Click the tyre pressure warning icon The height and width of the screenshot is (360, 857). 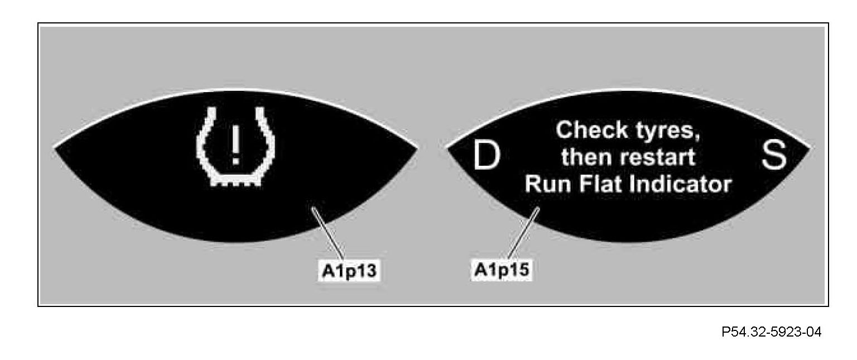pyautogui.click(x=235, y=146)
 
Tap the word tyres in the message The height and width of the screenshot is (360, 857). pyautogui.click(x=666, y=132)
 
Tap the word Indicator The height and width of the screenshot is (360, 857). pyautogui.click(x=680, y=184)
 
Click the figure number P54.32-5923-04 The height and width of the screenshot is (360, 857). pyautogui.click(x=772, y=332)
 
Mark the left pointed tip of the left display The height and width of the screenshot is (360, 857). pyautogui.click(x=56, y=148)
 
